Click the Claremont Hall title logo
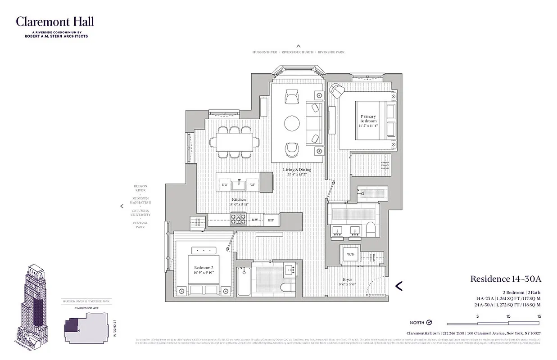55,22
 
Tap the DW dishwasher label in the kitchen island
224,185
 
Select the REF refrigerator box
271,220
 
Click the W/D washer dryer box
350,254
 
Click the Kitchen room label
239,199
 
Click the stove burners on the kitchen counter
238,220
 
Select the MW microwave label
254,220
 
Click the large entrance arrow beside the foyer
399,285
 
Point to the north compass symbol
429,323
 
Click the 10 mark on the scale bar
508,317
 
